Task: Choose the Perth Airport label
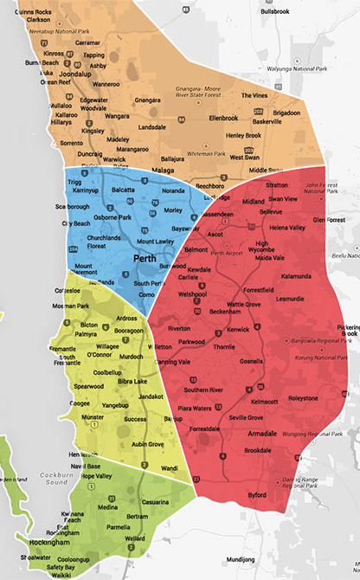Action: (x=227, y=253)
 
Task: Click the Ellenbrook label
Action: (x=222, y=118)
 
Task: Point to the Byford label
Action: (x=257, y=495)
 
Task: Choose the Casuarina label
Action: (x=154, y=503)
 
